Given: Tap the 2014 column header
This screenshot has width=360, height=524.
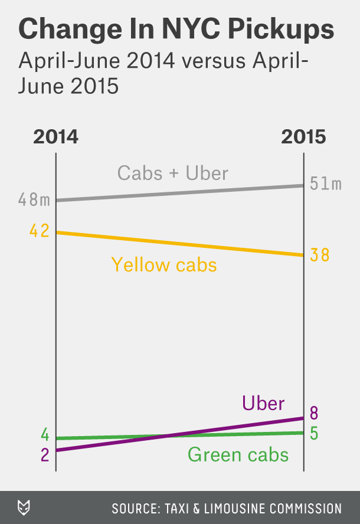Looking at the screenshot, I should (x=55, y=136).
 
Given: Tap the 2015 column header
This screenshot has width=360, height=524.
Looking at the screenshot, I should (x=303, y=136).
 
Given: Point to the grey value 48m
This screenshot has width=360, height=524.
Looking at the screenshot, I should (x=34, y=200).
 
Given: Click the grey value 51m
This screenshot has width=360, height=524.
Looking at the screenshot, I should (x=326, y=184).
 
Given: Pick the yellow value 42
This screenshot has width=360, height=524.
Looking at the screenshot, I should (x=39, y=231).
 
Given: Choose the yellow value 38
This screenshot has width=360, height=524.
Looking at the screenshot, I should (x=320, y=256).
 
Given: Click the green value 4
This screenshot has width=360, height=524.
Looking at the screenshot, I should (x=45, y=436).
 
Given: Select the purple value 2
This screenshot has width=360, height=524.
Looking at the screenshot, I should (x=45, y=456).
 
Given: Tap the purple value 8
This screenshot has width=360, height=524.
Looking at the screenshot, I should (x=315, y=412).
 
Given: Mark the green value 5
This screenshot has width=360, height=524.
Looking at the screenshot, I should (x=315, y=434).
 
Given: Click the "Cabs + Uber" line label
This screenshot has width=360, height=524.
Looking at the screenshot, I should (x=173, y=173).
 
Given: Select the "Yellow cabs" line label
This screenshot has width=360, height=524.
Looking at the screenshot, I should (x=164, y=265).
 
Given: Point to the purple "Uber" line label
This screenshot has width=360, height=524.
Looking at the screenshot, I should (x=263, y=404).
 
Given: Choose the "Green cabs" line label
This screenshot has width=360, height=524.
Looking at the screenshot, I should (x=238, y=455).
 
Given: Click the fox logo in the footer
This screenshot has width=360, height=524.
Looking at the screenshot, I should (x=25, y=507).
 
